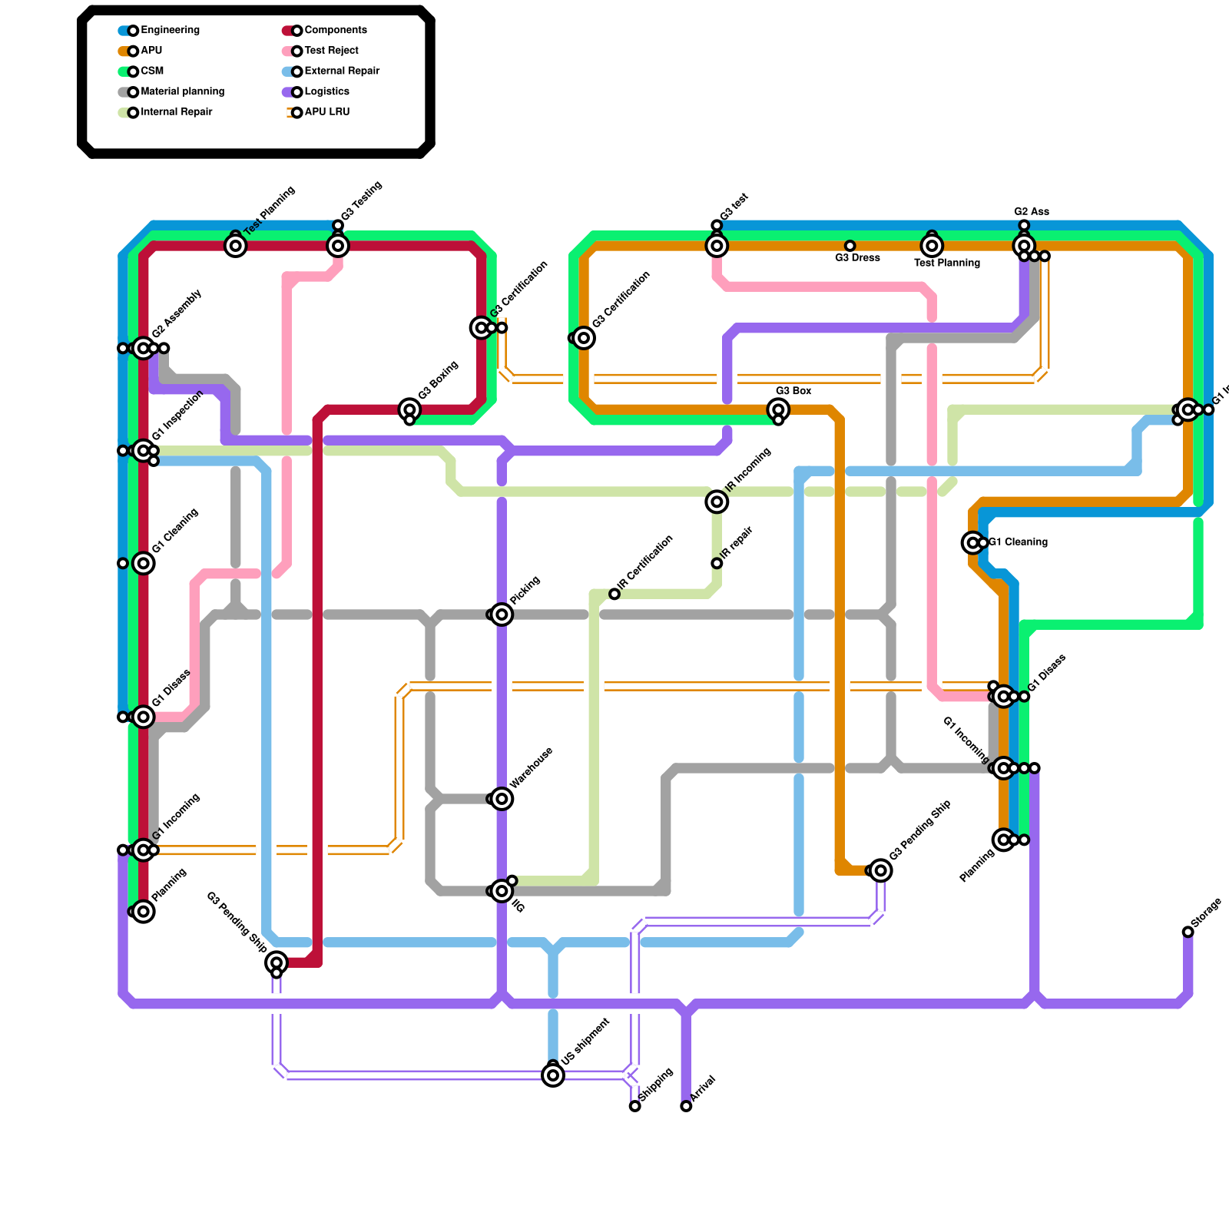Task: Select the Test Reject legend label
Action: [x=331, y=51]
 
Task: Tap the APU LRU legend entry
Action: [x=326, y=112]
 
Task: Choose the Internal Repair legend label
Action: [x=177, y=112]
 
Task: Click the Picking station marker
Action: [x=502, y=614]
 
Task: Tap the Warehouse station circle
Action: [x=502, y=799]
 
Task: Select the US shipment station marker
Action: [x=553, y=1075]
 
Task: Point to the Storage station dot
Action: [x=1188, y=932]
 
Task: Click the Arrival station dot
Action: [x=686, y=1106]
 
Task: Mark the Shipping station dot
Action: [x=634, y=1106]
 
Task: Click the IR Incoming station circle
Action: [x=717, y=502]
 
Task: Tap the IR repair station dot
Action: [x=717, y=563]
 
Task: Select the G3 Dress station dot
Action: [x=850, y=246]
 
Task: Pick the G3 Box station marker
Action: [x=778, y=409]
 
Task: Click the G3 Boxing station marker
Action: [x=409, y=409]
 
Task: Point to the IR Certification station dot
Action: [x=614, y=594]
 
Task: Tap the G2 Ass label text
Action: [x=1031, y=211]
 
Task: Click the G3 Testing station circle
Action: [x=338, y=246]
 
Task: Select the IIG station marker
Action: [x=502, y=891]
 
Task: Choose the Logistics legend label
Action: [x=326, y=91]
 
